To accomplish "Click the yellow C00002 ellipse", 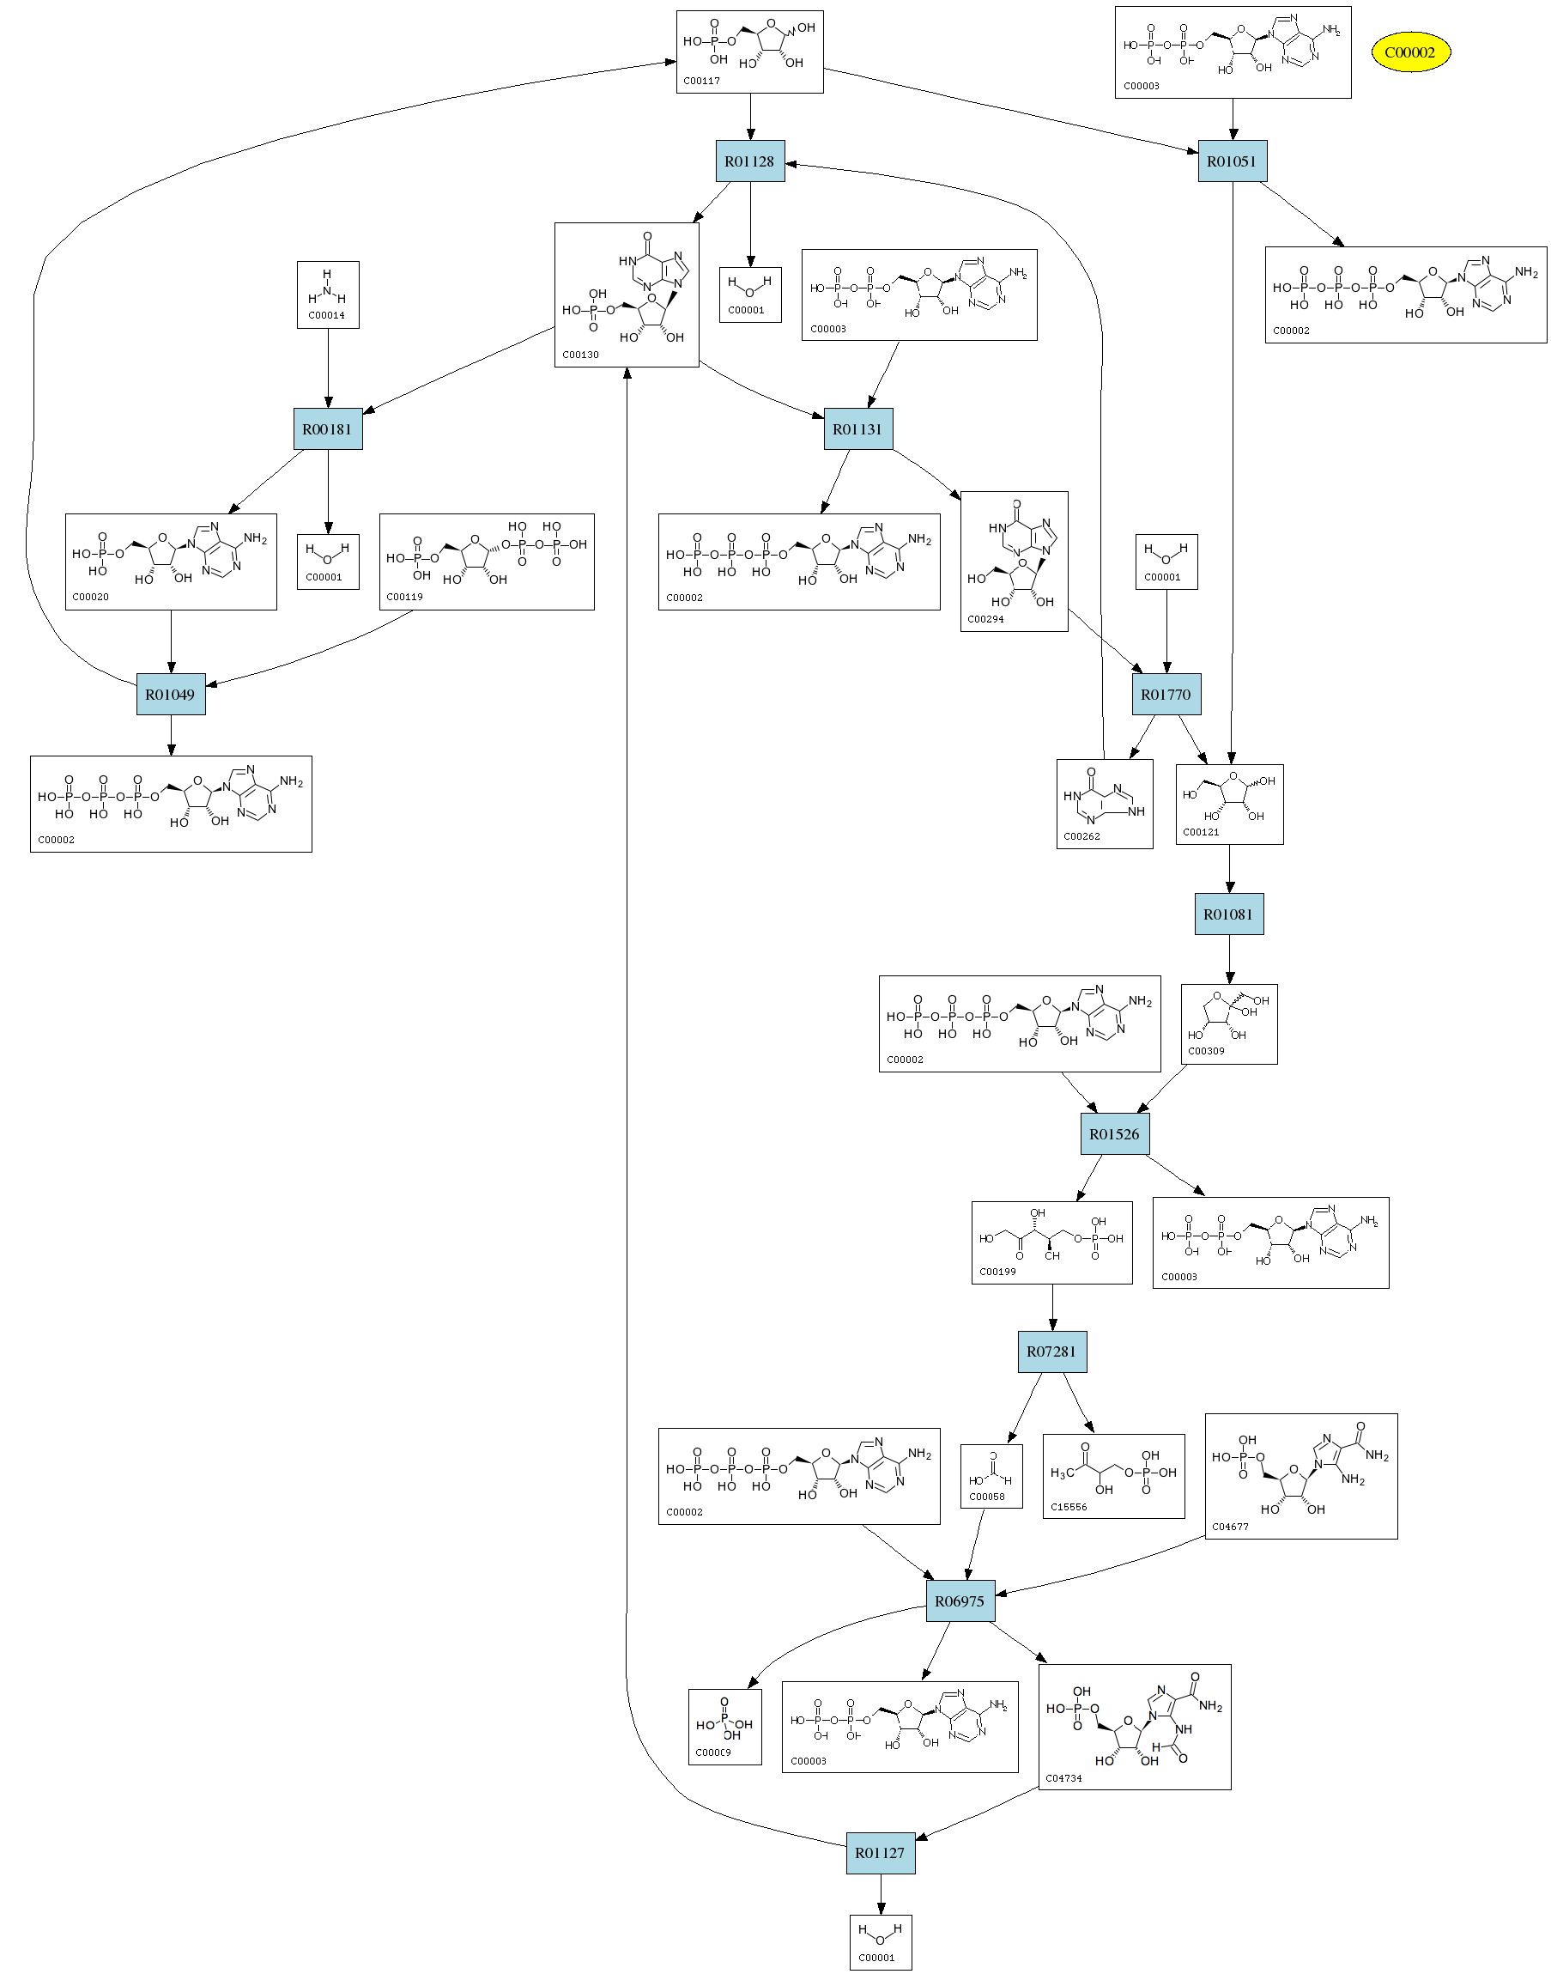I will click(1409, 52).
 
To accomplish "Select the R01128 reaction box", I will click(749, 161).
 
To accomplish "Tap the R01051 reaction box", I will click(1232, 161).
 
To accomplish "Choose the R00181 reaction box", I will click(327, 428).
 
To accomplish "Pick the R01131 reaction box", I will click(857, 428).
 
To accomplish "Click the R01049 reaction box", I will click(171, 695).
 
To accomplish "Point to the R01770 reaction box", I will click(1166, 695).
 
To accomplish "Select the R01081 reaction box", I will click(1227, 914).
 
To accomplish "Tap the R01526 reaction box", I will click(1114, 1134).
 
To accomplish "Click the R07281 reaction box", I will click(1051, 1351).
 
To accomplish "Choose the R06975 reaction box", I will click(960, 1601).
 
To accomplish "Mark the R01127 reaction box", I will click(880, 1853).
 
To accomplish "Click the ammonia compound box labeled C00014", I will click(328, 295).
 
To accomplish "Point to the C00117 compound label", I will click(702, 81).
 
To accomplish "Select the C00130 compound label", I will click(580, 355).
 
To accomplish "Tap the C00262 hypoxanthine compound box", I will click(1104, 804).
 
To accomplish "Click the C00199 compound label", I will click(997, 1272).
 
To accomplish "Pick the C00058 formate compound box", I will click(991, 1476).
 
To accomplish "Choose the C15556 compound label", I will click(1069, 1507).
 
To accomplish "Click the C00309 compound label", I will click(1206, 1051).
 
